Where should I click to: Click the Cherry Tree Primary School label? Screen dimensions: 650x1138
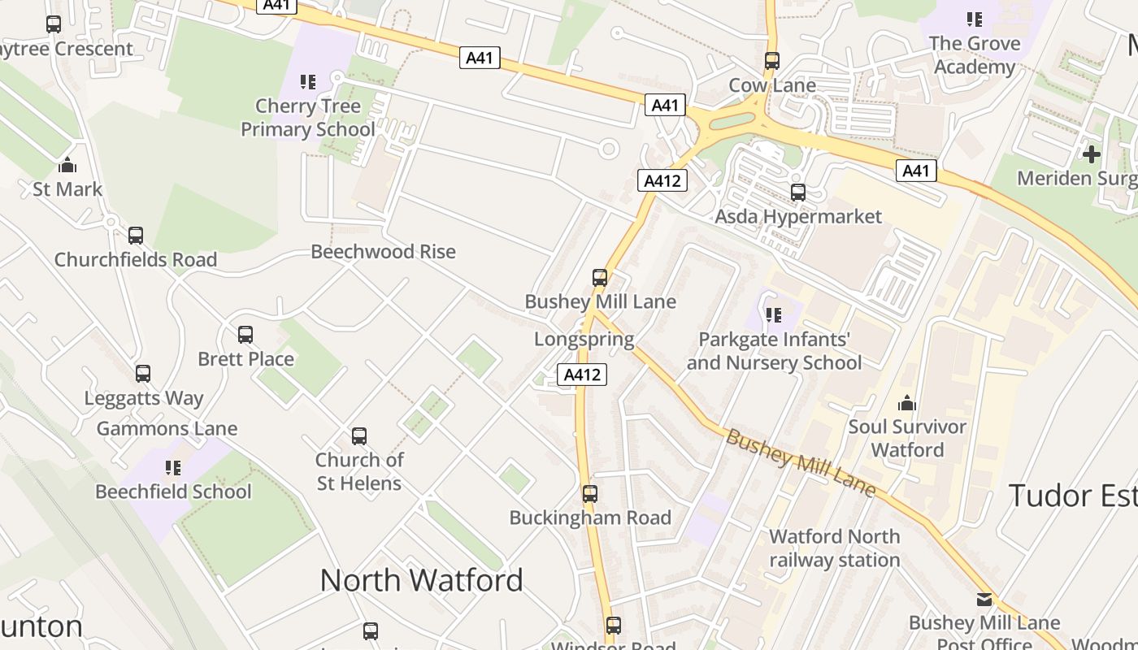pyautogui.click(x=308, y=118)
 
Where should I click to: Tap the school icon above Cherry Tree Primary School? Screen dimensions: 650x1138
pyautogui.click(x=308, y=81)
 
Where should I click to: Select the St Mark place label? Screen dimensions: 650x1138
pyautogui.click(x=67, y=189)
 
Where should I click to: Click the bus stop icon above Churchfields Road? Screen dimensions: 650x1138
pyautogui.click(x=136, y=236)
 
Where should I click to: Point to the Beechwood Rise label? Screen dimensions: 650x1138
pyautogui.click(x=383, y=252)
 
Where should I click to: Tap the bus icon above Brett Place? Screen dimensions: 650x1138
pyautogui.click(x=245, y=335)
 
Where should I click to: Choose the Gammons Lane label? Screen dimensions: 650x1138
pyautogui.click(x=167, y=429)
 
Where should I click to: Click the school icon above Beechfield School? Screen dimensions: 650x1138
pyautogui.click(x=173, y=467)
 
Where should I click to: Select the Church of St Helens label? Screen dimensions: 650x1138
pyautogui.click(x=358, y=471)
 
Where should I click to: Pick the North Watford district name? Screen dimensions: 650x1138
pyautogui.click(x=421, y=580)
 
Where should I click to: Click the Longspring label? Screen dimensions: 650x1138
pyautogui.click(x=584, y=339)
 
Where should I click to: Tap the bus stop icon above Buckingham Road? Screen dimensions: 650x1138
pyautogui.click(x=590, y=494)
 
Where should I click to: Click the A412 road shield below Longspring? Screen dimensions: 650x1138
pyautogui.click(x=582, y=375)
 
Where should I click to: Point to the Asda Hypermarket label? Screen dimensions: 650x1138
pyautogui.click(x=797, y=217)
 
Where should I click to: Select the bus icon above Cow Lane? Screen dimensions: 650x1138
pyautogui.click(x=772, y=61)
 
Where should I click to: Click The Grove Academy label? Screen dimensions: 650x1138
pyautogui.click(x=975, y=54)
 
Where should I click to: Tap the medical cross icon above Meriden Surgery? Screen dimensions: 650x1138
pyautogui.click(x=1091, y=154)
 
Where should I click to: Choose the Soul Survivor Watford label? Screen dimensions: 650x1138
pyautogui.click(x=907, y=438)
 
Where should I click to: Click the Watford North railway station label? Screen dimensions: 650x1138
pyautogui.click(x=835, y=548)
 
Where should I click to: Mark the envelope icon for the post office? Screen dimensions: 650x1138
pyautogui.click(x=984, y=600)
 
